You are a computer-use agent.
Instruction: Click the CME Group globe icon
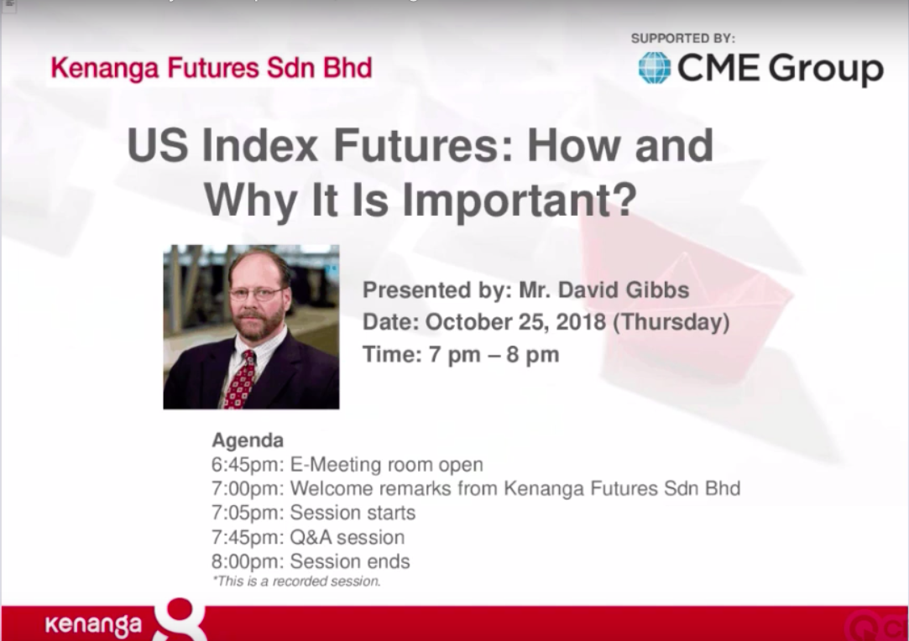[x=655, y=68]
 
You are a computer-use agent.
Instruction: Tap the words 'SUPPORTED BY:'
[x=683, y=39]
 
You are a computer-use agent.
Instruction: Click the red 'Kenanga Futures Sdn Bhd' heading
[x=211, y=68]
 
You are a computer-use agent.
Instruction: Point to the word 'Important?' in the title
[x=520, y=200]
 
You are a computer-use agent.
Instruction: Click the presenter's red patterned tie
[x=239, y=379]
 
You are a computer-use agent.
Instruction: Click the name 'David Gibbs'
[x=623, y=289]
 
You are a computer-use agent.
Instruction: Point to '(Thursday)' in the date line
[x=671, y=322]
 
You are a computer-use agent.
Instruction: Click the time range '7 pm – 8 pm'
[x=494, y=355]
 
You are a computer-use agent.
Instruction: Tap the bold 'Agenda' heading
[x=248, y=440]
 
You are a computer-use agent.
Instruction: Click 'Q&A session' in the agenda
[x=347, y=537]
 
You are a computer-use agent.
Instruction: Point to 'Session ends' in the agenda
[x=349, y=561]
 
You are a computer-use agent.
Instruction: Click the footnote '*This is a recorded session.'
[x=296, y=581]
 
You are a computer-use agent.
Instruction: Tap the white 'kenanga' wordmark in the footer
[x=93, y=625]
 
